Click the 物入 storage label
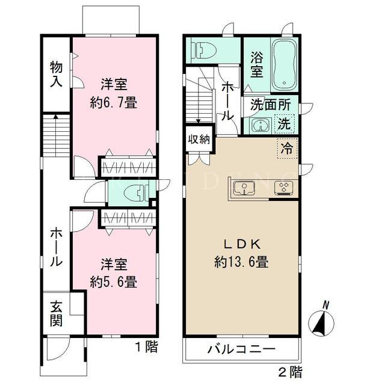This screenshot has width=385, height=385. pos(56,75)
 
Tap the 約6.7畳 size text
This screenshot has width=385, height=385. pos(114,103)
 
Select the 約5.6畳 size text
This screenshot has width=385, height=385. pos(114,282)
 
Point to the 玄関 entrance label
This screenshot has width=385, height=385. pos(56,315)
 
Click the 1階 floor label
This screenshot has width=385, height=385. pos(146,347)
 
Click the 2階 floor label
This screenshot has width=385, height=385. pos(291,372)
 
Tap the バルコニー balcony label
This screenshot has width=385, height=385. pos(241,349)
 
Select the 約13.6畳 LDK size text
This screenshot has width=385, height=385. pos(241,262)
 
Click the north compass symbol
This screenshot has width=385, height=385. pos(321,322)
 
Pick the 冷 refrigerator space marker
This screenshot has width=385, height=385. pos(288,149)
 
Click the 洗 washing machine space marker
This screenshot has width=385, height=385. pos(285,124)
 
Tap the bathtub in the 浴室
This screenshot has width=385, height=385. pos(285,65)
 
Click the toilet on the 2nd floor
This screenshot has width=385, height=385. pos(204,50)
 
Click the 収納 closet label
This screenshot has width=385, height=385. pos(199,140)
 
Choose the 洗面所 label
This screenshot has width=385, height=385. pos(271,105)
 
